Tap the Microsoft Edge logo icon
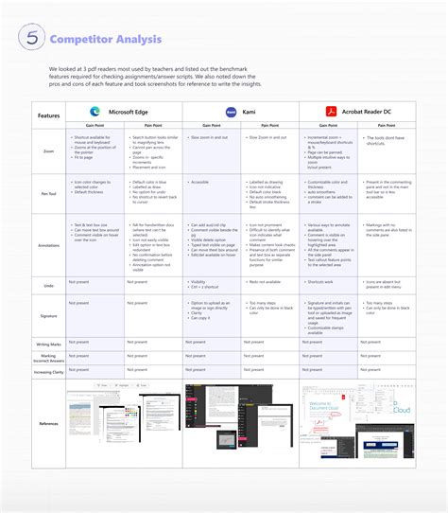point(95,111)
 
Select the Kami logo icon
point(230,111)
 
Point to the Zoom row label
point(48,150)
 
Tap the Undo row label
point(48,282)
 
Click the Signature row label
point(48,314)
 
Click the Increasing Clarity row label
point(48,373)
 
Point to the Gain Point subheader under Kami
point(213,125)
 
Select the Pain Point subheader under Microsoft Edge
point(154,125)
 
